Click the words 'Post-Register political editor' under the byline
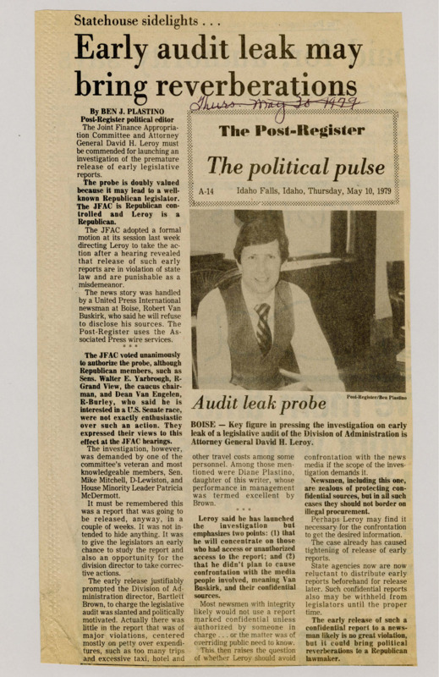120,119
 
